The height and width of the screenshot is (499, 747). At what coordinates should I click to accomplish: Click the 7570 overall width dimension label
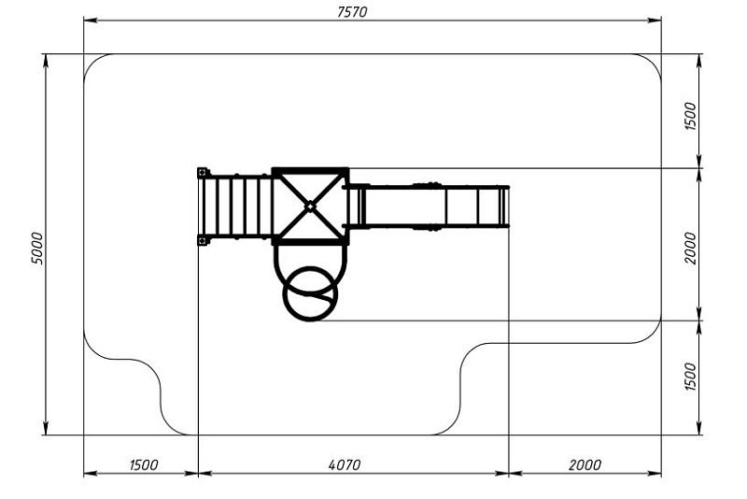[x=352, y=12]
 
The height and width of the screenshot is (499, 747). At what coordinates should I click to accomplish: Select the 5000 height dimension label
[x=36, y=249]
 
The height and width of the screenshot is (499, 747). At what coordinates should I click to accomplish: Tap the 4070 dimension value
[x=345, y=464]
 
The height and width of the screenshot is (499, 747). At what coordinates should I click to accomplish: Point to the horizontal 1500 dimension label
[x=144, y=464]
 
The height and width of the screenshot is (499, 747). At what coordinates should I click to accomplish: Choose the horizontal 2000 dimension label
[x=585, y=464]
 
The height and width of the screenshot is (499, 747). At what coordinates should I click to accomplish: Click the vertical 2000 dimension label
[x=690, y=248]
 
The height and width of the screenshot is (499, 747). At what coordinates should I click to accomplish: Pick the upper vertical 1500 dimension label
[x=690, y=116]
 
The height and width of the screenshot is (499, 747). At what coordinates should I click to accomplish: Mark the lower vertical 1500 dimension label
[x=690, y=377]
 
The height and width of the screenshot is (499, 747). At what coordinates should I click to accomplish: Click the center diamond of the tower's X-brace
[x=310, y=207]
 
